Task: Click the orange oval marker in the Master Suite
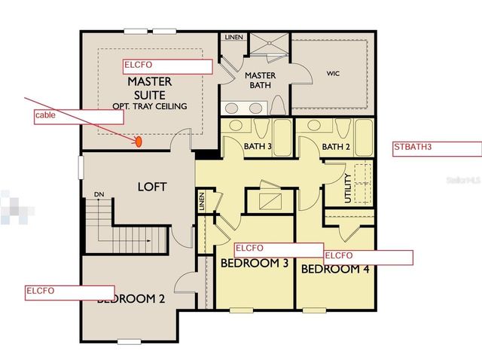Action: (x=139, y=141)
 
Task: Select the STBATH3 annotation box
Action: (x=436, y=148)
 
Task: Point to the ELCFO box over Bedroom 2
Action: (x=69, y=292)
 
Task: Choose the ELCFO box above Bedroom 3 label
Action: (x=279, y=249)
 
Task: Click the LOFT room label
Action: (x=151, y=186)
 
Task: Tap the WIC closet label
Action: (x=334, y=74)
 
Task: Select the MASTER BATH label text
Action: (x=261, y=81)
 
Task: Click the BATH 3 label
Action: (x=257, y=145)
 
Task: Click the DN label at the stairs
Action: (x=99, y=194)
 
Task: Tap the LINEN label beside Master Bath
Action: (x=232, y=37)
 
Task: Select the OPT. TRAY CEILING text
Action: (x=149, y=106)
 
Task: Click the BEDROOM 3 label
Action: (x=255, y=264)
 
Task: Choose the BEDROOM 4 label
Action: (x=335, y=269)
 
